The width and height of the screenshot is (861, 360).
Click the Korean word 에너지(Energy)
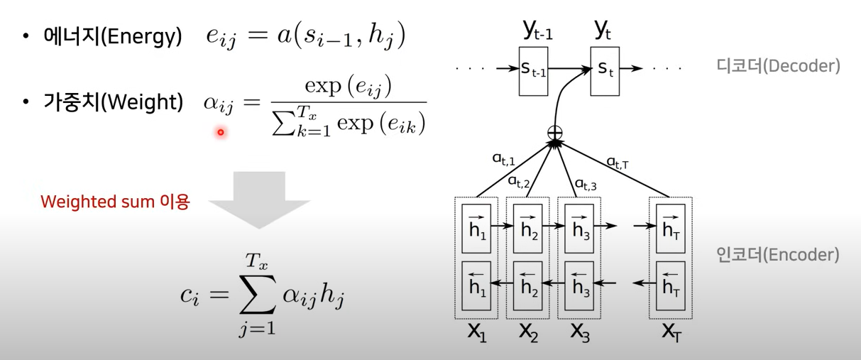[111, 37]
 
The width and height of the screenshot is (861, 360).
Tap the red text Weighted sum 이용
[115, 202]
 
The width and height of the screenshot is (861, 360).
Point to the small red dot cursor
[221, 132]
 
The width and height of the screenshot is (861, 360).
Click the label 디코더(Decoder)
[779, 66]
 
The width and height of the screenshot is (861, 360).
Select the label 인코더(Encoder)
[779, 254]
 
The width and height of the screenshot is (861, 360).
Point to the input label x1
[477, 332]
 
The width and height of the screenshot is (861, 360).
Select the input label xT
[670, 332]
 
